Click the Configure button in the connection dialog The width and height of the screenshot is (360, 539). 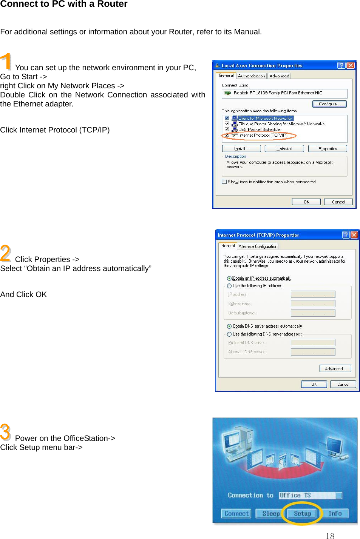click(329, 104)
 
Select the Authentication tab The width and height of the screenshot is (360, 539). click(251, 76)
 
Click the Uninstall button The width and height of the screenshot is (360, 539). click(284, 149)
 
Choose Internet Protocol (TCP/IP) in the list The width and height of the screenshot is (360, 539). click(263, 135)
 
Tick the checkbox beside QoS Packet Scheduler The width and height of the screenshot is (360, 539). click(227, 129)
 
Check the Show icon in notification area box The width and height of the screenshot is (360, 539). click(224, 182)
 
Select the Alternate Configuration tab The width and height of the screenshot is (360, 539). click(258, 246)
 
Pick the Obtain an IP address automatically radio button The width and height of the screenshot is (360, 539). click(229, 279)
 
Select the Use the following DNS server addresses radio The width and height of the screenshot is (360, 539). click(229, 334)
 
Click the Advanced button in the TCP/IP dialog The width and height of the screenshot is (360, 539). click(335, 369)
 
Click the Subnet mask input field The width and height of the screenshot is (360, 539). click(313, 303)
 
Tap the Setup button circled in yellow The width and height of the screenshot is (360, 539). click(302, 513)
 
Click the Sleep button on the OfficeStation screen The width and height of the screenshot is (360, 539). click(270, 513)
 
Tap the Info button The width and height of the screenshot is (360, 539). click(335, 513)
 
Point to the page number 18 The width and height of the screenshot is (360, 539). click(330, 536)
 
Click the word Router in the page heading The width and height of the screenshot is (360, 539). click(112, 4)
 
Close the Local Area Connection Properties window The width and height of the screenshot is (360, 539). click(351, 65)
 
